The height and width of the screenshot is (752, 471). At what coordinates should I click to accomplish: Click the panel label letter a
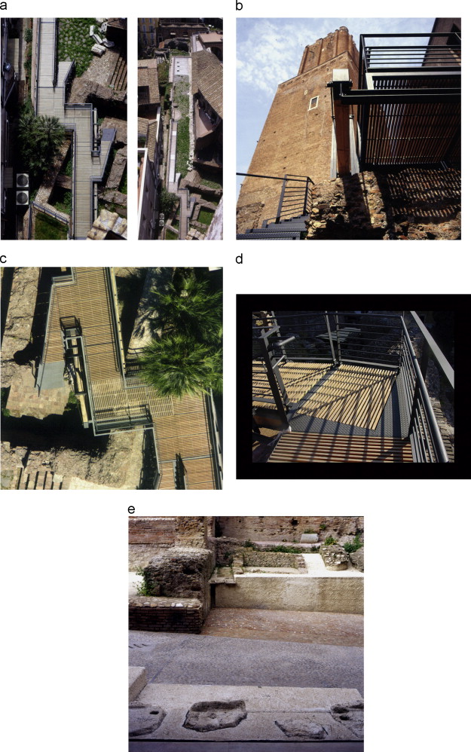coord(3,6)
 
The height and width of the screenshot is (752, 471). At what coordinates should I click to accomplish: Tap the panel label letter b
coord(240,6)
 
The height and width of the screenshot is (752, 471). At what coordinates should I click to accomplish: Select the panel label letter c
coord(3,259)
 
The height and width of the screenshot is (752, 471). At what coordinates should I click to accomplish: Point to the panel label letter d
coord(240,259)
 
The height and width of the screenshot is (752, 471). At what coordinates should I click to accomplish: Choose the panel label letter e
coord(131,509)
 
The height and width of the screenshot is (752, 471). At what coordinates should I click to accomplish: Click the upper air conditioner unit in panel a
coord(23,181)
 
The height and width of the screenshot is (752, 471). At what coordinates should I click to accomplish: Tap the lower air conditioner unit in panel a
coord(23,197)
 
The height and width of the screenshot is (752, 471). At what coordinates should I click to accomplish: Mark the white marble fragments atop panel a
coord(98,41)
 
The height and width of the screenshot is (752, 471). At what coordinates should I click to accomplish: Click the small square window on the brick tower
coord(313,102)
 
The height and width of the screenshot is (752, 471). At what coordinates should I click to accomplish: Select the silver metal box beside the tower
coord(341,76)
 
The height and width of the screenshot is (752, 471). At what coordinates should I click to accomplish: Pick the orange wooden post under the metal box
coord(342,135)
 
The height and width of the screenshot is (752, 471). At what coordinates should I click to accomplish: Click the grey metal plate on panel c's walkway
coord(51,375)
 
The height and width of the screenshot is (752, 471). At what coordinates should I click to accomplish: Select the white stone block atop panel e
coord(310,538)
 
